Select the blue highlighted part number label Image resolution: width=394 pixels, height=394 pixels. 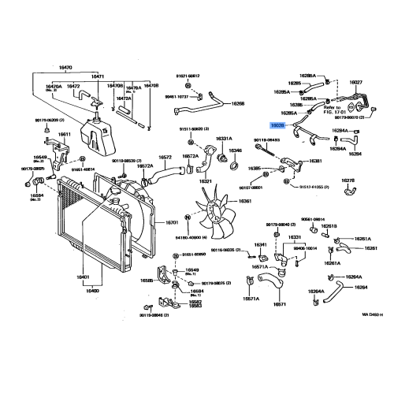point(277,125)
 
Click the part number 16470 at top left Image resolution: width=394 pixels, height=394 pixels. point(65,69)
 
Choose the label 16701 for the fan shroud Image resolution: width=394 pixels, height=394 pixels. point(173,222)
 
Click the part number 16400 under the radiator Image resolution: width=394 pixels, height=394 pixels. point(92,291)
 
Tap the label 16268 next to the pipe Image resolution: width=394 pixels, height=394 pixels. point(238,103)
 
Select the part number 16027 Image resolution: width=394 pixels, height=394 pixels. point(356,82)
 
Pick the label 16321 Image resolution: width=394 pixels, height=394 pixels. point(205,181)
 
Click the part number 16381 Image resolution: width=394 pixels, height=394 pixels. point(315,161)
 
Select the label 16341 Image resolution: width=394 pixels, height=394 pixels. point(259,245)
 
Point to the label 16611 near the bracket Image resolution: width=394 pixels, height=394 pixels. point(64,134)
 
